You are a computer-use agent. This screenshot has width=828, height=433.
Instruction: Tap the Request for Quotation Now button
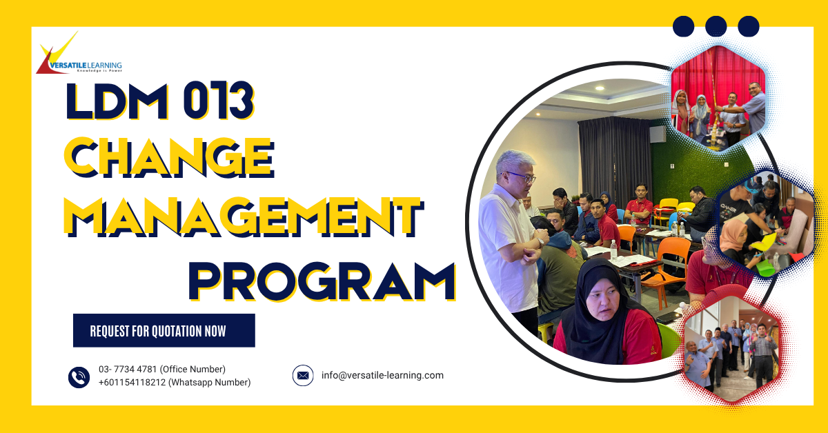[x=164, y=330]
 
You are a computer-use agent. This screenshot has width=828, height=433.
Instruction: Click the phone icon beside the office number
[x=79, y=376]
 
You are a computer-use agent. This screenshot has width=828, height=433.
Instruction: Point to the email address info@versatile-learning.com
[x=382, y=376]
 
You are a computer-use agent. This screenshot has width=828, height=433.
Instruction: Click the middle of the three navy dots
[x=716, y=26]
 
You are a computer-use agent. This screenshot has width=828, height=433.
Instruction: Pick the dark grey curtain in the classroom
[x=611, y=155]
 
